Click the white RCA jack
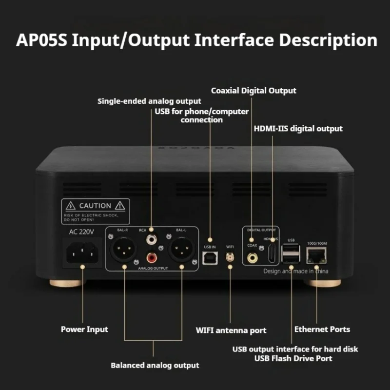click(x=152, y=239)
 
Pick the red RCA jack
click(x=152, y=256)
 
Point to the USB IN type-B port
click(x=210, y=257)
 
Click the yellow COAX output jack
click(x=252, y=256)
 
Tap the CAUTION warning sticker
click(x=96, y=211)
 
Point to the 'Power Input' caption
click(x=84, y=330)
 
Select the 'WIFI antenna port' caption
click(x=231, y=331)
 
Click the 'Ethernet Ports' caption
click(x=322, y=330)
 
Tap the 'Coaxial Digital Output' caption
click(x=253, y=91)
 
